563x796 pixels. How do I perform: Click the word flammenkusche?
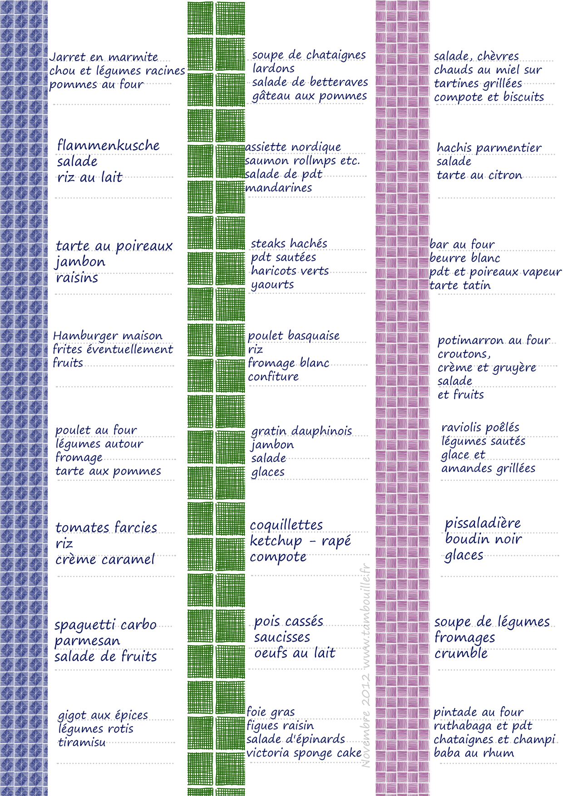point(108,146)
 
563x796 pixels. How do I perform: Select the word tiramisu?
point(82,742)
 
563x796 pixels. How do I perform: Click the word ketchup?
point(276,541)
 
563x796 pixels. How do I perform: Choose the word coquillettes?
point(286,525)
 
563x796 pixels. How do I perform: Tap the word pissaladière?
point(483,523)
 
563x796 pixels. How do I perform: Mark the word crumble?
point(461,654)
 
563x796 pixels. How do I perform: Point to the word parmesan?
point(87,641)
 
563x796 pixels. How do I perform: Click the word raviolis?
point(461,427)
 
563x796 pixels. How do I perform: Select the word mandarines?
point(278,188)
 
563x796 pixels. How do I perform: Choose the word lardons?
point(273,69)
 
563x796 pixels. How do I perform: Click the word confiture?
point(273,377)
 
